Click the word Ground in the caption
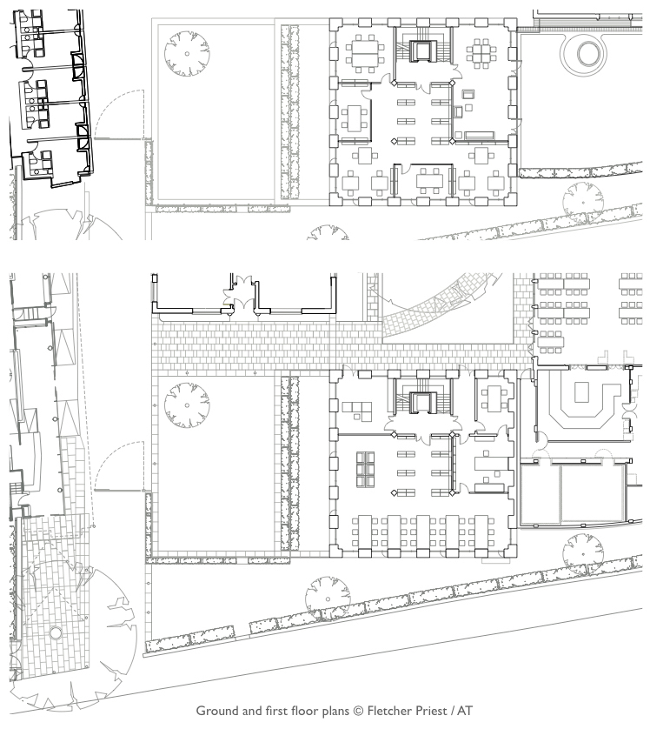217,711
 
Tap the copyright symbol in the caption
358,711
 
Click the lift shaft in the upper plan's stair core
422,50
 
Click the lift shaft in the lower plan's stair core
422,402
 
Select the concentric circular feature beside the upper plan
584,53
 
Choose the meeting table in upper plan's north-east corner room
481,53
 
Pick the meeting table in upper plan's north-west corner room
363,54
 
